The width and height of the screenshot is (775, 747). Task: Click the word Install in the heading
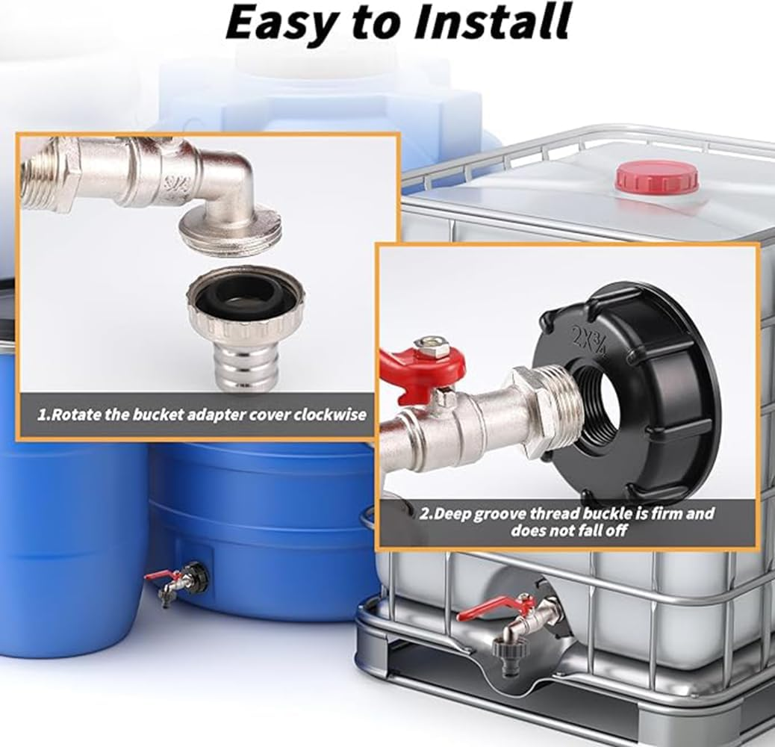(492, 22)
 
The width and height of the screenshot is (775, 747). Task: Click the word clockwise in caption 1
(331, 414)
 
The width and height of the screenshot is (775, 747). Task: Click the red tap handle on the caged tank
(494, 607)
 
